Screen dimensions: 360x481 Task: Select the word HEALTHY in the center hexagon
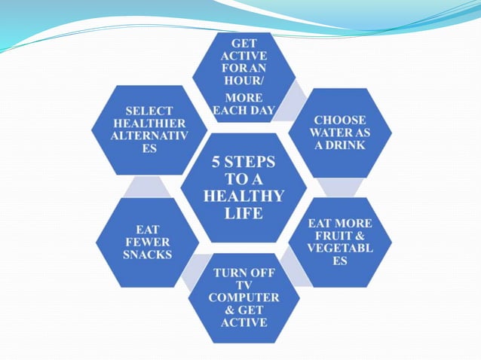click(244, 197)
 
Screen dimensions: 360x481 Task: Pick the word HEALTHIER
click(137, 124)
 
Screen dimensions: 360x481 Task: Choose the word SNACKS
click(148, 255)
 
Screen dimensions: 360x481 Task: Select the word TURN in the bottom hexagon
click(226, 272)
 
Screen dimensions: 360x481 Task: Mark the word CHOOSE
click(340, 120)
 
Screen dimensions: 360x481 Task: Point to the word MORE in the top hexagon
click(244, 99)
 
